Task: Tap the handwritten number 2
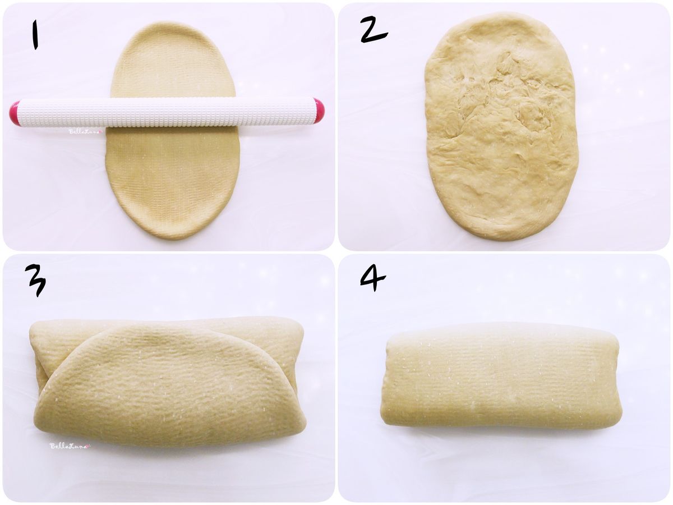(374, 29)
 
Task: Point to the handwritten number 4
(373, 279)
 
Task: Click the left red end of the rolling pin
(14, 113)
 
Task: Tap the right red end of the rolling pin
(319, 111)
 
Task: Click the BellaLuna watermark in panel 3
(71, 446)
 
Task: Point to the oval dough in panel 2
(501, 126)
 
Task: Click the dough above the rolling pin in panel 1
(173, 61)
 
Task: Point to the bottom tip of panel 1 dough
(172, 240)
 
